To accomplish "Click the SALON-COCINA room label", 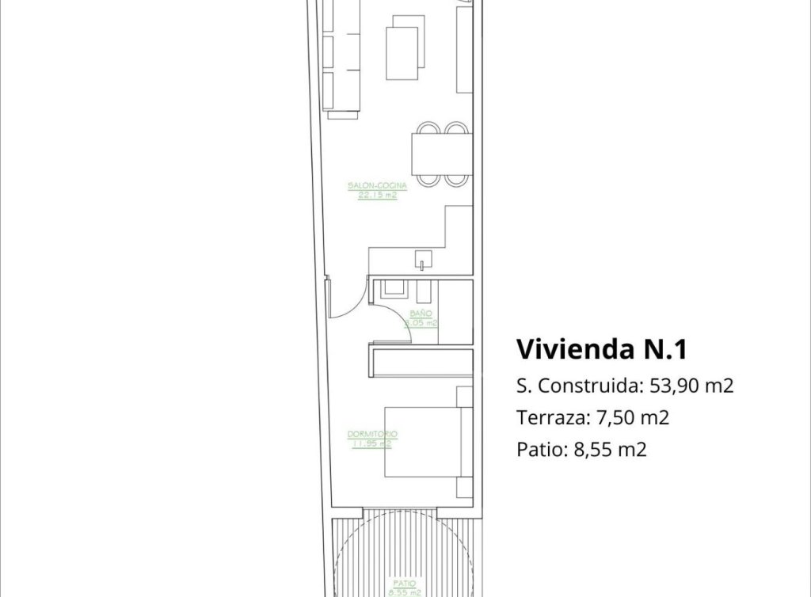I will [x=377, y=186].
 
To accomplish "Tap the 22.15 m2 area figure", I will [x=377, y=194].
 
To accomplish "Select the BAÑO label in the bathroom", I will [x=421, y=314].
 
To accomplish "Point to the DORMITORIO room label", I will [x=371, y=435].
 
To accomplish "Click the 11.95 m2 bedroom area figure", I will [x=371, y=443].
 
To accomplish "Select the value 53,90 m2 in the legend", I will [x=691, y=386].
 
